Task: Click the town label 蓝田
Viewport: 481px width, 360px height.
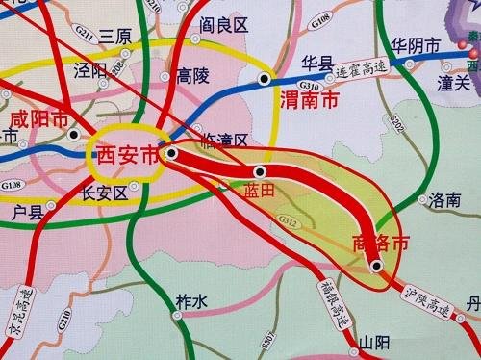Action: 261,190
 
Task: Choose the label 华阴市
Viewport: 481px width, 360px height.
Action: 417,44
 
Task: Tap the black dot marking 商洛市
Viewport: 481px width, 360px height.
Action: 376,266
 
